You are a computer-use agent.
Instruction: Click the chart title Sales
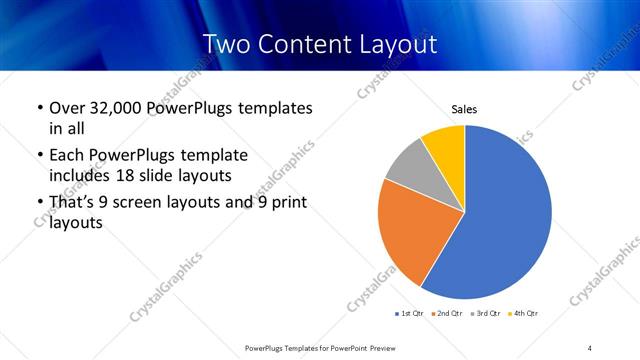coord(464,109)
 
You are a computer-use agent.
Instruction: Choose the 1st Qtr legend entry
coord(410,313)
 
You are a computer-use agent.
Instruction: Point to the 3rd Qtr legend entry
coord(488,313)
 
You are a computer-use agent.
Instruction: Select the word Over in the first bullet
coord(66,108)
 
